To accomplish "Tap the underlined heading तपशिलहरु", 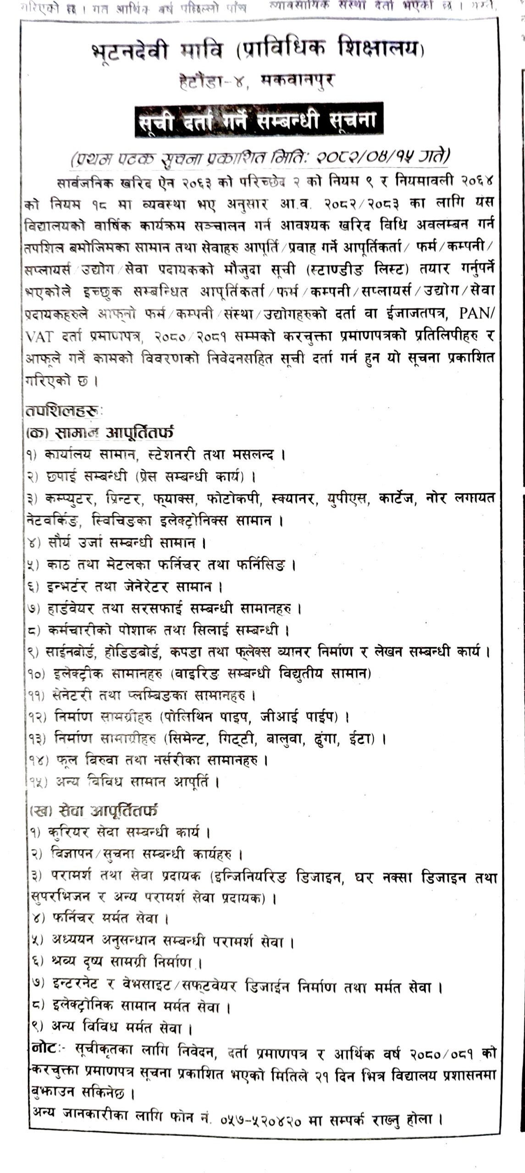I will [64, 411].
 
